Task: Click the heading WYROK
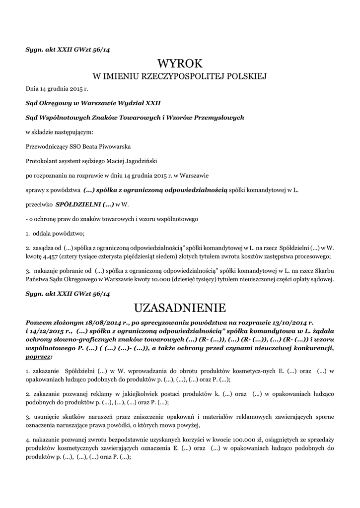[180, 63]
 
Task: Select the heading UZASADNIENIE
[180, 308]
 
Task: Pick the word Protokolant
[41, 161]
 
